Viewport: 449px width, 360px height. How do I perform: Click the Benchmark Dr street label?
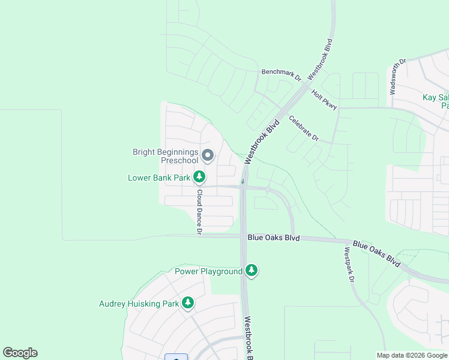[x=281, y=74]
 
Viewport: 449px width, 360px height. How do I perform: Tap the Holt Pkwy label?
[x=324, y=100]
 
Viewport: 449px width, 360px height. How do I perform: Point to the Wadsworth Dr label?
[x=398, y=77]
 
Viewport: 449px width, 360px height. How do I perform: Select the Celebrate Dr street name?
[x=303, y=128]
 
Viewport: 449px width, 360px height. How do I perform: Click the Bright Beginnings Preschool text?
[x=165, y=157]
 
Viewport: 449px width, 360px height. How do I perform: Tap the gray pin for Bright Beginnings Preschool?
[x=208, y=155]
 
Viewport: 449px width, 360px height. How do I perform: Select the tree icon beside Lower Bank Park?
[x=199, y=177]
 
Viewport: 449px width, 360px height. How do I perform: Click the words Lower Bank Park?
[x=159, y=178]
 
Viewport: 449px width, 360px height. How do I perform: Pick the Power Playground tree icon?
[x=252, y=271]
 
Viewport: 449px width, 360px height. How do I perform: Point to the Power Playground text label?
[x=208, y=271]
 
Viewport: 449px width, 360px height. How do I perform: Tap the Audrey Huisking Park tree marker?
[x=188, y=303]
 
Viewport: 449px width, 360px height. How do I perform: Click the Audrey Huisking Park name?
[x=139, y=304]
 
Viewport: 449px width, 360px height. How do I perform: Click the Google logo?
[x=20, y=353]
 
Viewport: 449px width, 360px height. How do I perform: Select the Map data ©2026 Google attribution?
[x=411, y=355]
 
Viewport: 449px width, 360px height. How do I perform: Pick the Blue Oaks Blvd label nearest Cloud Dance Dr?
[x=273, y=238]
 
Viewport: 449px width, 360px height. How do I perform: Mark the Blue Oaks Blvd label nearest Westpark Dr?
[x=377, y=253]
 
